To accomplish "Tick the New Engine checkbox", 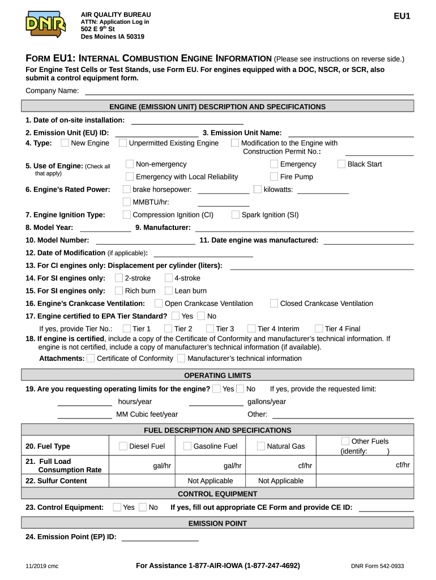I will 65,143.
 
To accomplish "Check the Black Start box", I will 341,164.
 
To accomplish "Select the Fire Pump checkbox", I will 274,177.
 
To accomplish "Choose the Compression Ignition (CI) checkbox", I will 127,215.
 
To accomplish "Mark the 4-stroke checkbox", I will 169,278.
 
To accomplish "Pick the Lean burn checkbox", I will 169,291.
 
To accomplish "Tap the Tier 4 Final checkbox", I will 319,329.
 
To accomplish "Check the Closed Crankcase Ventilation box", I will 274,304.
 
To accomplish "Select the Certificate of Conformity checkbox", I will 91,358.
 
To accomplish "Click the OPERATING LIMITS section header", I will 217,376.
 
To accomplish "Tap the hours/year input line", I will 85,402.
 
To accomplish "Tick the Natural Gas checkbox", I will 260,446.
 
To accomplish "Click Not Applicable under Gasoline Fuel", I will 210,481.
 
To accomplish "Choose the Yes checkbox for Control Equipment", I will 117,507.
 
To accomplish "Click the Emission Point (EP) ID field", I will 160,537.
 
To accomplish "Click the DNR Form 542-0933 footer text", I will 377,566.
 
